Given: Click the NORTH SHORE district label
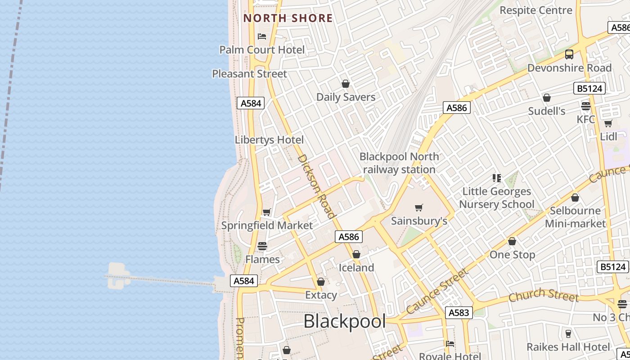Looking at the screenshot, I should point(288,18).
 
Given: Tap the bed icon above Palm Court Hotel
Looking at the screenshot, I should point(262,36).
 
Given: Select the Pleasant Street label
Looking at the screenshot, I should point(249,74).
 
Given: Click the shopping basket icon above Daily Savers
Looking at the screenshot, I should point(346,84).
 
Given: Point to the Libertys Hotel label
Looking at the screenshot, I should point(269,140).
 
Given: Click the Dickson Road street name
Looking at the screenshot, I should point(317,186).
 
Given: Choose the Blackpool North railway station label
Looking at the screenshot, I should point(399,163).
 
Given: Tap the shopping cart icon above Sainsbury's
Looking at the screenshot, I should point(419,207).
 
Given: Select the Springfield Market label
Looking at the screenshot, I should point(266,225).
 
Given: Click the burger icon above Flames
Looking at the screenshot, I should point(262,246).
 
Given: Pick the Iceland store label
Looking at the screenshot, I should point(356,268).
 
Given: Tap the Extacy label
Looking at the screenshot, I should point(321,295).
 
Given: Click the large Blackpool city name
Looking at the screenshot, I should point(345,322).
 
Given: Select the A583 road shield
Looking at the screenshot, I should point(459,313).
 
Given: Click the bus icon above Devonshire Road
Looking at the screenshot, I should point(569,54).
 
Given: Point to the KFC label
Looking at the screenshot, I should point(586,120).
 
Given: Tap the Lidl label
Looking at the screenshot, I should point(608,137).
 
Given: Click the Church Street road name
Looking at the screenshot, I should point(544,295).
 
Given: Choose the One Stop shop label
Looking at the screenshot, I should point(512,255).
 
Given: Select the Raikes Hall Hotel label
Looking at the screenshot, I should point(568,347).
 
